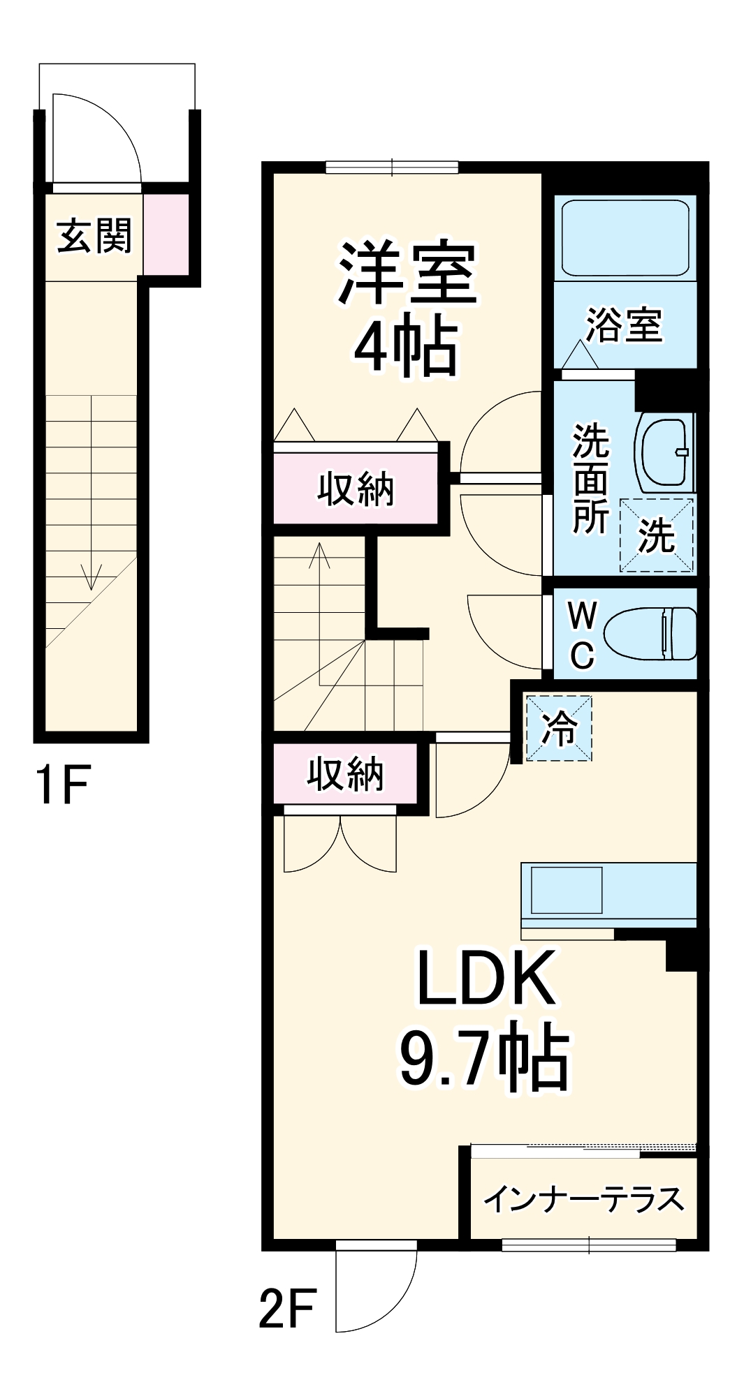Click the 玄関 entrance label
click(x=94, y=235)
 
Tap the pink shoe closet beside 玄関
click(x=166, y=235)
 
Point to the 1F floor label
click(x=62, y=785)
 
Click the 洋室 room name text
click(x=407, y=274)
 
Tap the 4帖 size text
click(x=407, y=347)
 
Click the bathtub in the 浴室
click(x=625, y=238)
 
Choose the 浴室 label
click(x=624, y=325)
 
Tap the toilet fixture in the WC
click(x=650, y=633)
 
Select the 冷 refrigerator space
click(x=559, y=728)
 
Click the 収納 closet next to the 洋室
click(x=356, y=489)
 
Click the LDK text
click(x=485, y=978)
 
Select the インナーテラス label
click(x=583, y=1199)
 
